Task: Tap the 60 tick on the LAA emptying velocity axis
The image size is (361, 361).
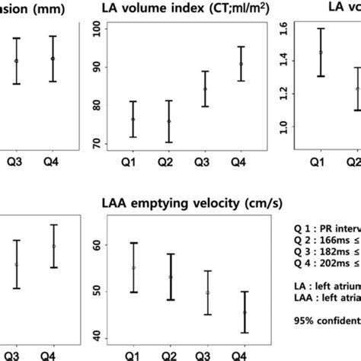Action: click(x=96, y=245)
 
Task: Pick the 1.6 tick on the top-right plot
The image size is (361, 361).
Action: click(x=284, y=30)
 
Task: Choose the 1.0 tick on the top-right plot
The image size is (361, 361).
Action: click(x=284, y=126)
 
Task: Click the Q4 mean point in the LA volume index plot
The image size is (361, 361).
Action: click(x=241, y=64)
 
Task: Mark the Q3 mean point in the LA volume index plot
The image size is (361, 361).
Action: click(x=205, y=89)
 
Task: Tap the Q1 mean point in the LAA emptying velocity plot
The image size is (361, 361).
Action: click(x=133, y=267)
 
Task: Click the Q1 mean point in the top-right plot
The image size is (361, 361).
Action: click(x=321, y=53)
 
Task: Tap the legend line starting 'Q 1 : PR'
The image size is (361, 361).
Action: click(x=327, y=227)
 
